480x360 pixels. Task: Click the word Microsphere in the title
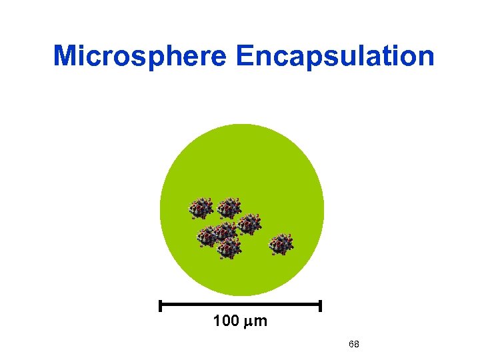[x=141, y=56]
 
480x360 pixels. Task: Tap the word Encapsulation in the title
[x=335, y=56]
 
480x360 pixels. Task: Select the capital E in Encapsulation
[x=244, y=56]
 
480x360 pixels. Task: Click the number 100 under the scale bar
[x=225, y=321]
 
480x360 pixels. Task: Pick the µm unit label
[x=256, y=322]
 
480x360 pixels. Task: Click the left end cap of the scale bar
[x=161, y=306]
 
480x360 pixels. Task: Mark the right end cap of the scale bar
[x=321, y=306]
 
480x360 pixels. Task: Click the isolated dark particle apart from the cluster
[x=281, y=244]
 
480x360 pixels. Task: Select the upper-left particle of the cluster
[x=201, y=209]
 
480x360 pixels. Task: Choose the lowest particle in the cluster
[x=229, y=248]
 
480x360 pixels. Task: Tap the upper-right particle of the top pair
[x=229, y=208]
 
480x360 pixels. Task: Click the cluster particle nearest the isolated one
[x=249, y=224]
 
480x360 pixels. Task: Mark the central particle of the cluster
[x=225, y=231]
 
